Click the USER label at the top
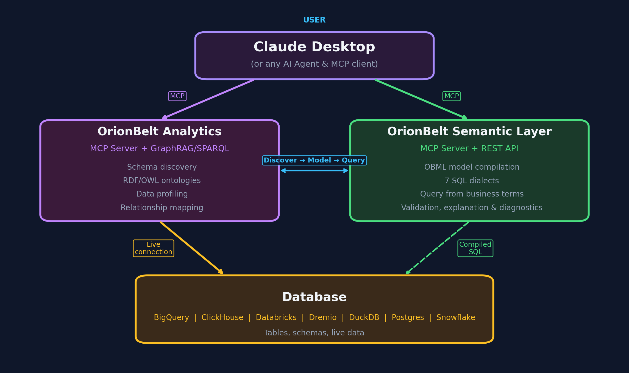pos(314,20)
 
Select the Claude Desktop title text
pos(314,47)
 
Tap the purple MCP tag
pos(177,96)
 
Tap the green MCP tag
pos(451,96)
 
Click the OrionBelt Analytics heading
pos(159,131)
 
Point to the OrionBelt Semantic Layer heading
pos(469,131)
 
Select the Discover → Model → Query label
pos(314,160)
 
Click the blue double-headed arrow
pos(314,170)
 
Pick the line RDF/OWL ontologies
pos(162,180)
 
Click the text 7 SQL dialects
pos(472,181)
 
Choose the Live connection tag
pos(153,248)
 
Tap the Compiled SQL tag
pos(475,248)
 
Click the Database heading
pos(314,297)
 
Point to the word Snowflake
pos(455,317)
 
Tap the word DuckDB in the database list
pos(364,317)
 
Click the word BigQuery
pos(171,317)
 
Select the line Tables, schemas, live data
pos(314,333)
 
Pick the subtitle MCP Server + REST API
pos(469,148)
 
